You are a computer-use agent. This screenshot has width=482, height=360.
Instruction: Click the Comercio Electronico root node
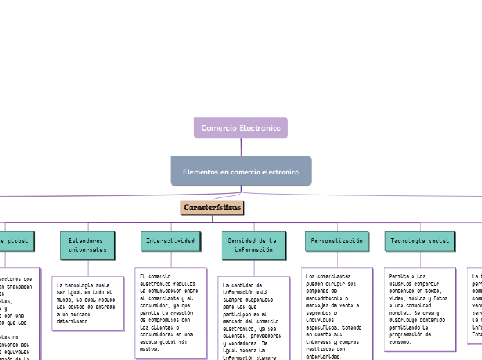(240, 128)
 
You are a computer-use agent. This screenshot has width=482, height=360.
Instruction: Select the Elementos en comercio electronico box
(240, 171)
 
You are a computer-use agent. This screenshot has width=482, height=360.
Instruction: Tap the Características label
(213, 208)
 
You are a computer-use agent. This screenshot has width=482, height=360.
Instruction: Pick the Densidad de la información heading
(252, 244)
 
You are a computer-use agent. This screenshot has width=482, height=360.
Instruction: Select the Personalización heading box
(337, 240)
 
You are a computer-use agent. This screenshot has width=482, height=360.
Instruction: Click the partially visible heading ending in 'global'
(15, 240)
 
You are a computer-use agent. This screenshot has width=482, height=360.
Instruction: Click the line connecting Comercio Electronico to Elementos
(241, 147)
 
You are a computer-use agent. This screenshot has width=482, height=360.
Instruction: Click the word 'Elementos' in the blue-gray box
(201, 171)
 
